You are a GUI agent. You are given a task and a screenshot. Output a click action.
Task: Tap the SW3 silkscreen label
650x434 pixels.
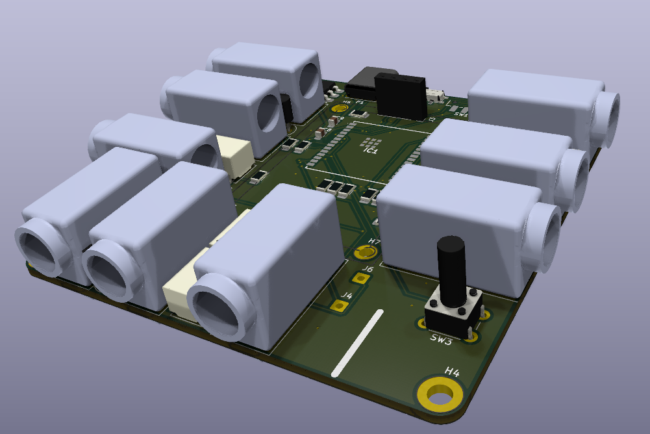coord(441,340)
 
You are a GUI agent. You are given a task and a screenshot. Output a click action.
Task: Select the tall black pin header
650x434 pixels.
coord(400,96)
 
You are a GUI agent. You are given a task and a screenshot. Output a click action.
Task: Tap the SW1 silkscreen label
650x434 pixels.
coord(461,114)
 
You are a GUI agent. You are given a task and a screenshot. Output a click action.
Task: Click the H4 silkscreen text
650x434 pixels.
coord(452,372)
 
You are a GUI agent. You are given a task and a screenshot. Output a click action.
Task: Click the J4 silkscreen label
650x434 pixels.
coord(347,296)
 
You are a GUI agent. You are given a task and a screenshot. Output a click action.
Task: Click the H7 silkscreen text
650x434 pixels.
coord(374,242)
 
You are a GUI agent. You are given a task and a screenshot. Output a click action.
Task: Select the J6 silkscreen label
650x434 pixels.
coord(367,268)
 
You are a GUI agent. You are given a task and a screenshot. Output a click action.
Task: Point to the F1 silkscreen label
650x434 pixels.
coord(358,103)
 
